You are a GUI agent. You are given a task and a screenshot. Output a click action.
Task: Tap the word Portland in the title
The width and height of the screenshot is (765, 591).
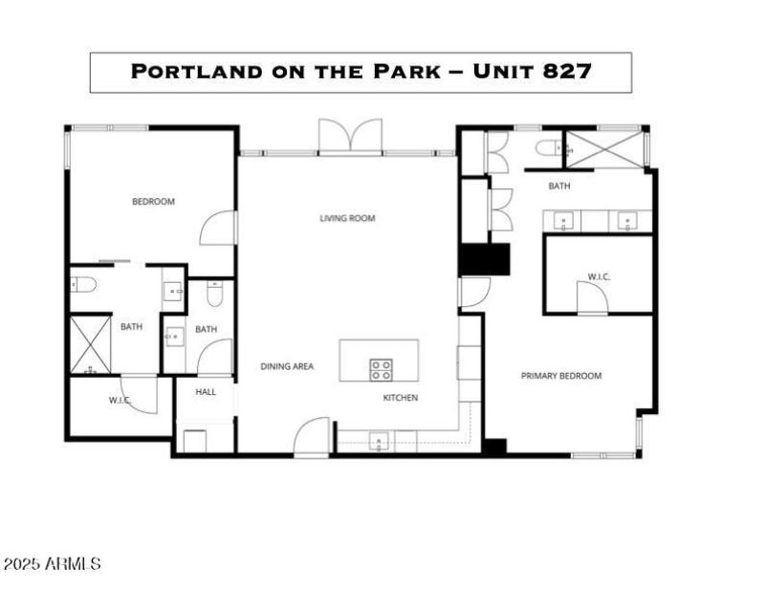196,72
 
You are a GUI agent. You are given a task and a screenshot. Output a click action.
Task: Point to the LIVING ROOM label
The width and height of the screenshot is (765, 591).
347,218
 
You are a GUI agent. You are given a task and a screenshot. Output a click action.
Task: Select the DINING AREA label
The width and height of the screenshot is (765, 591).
287,366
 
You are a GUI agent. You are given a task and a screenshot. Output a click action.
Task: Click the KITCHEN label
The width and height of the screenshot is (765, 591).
401,398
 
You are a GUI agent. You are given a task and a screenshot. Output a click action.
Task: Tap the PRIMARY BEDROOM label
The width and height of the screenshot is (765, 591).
561,376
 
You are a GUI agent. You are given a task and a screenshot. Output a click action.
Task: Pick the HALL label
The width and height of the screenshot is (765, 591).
206,392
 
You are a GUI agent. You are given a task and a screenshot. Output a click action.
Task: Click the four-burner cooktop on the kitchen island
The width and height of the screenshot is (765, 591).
381,369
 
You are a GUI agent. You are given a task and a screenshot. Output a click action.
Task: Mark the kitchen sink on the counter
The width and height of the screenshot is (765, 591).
379,442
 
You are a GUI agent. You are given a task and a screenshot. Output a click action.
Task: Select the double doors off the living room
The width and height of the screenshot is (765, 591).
350,136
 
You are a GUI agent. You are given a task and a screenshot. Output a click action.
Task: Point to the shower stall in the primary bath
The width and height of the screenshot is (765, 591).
605,150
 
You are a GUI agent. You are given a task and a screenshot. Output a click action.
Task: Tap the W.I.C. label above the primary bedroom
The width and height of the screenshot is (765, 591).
599,276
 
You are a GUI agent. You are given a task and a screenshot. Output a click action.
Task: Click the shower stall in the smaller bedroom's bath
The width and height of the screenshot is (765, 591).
91,344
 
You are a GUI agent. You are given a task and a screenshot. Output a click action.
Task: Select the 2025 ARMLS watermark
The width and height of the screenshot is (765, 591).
52,563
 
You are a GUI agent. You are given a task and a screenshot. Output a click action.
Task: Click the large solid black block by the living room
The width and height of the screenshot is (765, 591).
484,259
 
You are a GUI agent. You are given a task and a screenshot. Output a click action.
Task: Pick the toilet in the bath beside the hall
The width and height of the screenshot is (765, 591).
214,294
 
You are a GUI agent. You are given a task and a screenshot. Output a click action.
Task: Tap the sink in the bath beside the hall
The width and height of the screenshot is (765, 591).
174,337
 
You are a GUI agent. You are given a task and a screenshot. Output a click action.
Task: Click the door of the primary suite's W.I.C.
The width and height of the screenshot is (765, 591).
592,298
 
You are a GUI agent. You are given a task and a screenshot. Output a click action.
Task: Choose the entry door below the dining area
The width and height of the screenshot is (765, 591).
312,437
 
